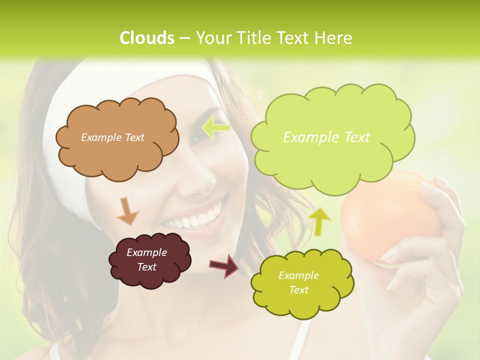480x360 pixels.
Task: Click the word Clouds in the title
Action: coord(147,38)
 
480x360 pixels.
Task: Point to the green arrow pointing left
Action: coord(215,128)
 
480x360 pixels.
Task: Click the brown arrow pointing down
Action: coord(127,210)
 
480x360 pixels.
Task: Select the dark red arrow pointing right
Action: coord(224,265)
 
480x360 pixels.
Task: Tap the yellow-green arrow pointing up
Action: coord(320,221)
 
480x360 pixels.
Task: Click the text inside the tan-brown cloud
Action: coord(112,137)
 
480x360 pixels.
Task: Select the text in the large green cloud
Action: coord(326,137)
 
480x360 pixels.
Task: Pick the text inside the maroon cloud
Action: coord(146,260)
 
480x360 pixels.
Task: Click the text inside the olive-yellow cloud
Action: coord(298,282)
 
